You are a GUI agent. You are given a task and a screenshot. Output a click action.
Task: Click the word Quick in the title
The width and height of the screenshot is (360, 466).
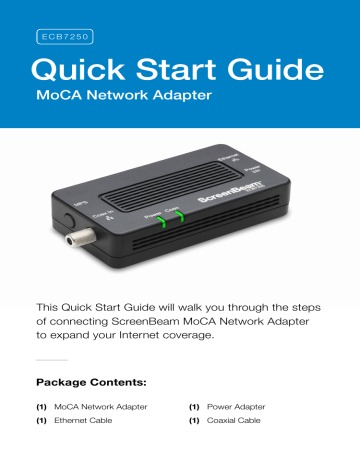[80, 69]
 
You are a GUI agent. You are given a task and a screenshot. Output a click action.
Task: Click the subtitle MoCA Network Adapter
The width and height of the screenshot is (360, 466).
[120, 100]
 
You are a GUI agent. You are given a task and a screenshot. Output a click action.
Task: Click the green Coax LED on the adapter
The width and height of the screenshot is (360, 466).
[178, 217]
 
